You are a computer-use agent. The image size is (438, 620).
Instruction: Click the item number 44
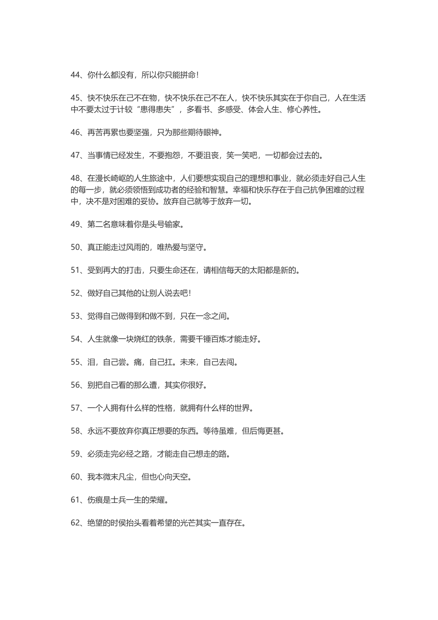(x=76, y=75)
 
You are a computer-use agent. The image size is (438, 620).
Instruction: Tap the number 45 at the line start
(x=76, y=98)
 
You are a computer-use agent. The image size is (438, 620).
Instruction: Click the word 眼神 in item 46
(x=212, y=133)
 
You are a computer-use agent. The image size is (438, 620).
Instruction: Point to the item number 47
(x=76, y=155)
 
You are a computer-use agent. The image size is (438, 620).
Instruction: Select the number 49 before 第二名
(x=76, y=224)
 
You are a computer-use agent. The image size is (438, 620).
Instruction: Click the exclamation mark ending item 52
(x=190, y=293)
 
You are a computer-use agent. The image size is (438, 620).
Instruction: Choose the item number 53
(x=76, y=316)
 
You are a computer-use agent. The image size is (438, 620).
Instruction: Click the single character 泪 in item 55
(x=91, y=362)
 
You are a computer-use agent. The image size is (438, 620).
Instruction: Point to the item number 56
(x=76, y=385)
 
